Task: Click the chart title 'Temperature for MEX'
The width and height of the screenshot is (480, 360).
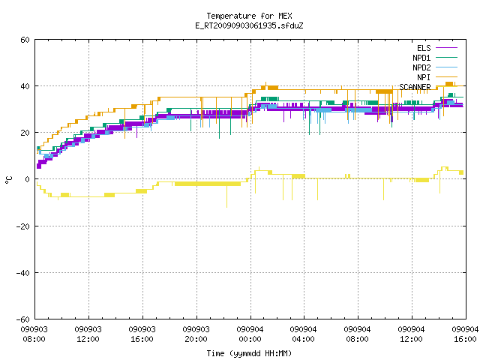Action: pos(249,16)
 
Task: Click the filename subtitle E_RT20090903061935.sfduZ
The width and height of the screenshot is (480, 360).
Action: pos(249,25)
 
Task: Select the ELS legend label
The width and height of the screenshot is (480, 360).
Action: pos(424,48)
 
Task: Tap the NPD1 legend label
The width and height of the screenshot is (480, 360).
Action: pos(421,58)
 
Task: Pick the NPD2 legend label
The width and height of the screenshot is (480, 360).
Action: pos(421,67)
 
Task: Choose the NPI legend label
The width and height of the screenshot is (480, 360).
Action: pos(424,77)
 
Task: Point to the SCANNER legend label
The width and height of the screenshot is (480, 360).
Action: pos(415,87)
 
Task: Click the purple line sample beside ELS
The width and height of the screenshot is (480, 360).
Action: pos(446,48)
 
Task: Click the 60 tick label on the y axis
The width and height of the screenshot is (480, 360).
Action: pos(25,40)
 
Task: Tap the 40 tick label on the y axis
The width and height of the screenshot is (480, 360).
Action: pos(25,86)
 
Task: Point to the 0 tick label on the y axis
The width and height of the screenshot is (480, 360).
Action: pos(28,179)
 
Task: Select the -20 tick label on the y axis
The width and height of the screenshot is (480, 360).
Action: pos(23,226)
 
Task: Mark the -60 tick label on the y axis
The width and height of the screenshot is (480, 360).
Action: pos(23,319)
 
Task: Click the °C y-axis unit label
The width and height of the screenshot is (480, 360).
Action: pos(8,180)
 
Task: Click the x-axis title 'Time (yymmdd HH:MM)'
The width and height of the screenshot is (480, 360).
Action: pos(249,353)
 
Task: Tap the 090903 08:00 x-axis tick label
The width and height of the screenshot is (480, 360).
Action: pos(34,334)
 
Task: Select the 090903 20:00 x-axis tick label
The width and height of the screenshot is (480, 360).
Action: pos(196,334)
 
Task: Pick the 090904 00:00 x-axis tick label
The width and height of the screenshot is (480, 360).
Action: pos(250,334)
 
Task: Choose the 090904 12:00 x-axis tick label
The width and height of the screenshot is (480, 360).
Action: pos(412,334)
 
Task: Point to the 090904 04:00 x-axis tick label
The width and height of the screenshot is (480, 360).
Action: pos(304,334)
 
